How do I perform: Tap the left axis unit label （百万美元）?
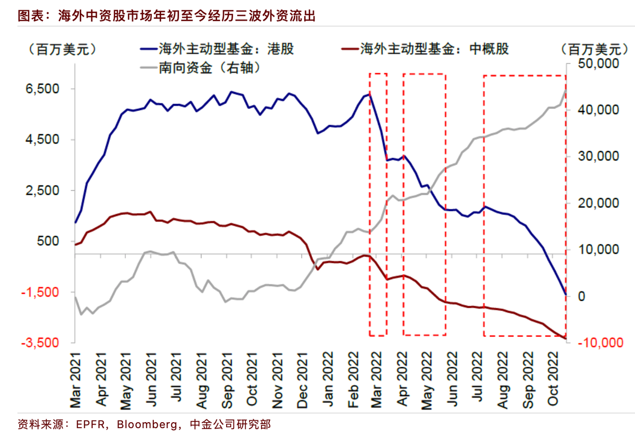[62, 49]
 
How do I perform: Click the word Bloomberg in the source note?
[150, 425]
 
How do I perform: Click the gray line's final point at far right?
[566, 90]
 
